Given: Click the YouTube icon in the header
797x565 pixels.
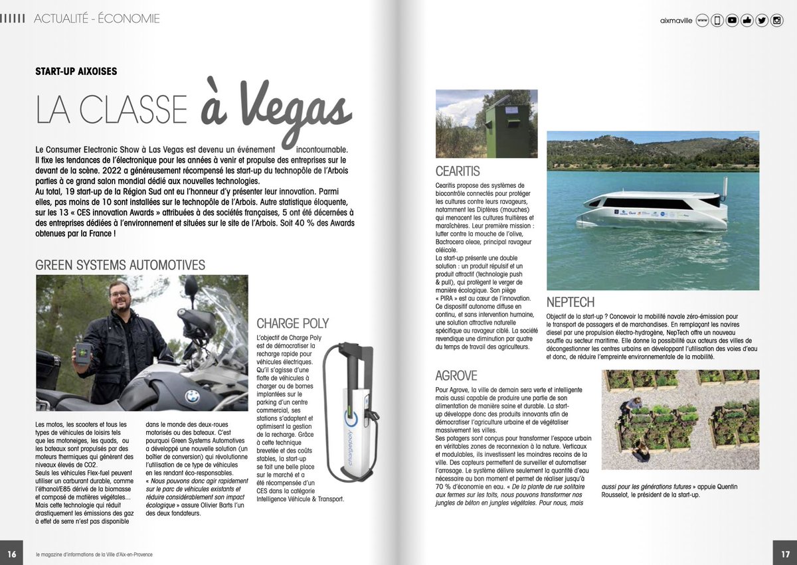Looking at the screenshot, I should click(x=732, y=21).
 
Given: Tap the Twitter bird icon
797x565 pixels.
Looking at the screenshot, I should click(x=762, y=21).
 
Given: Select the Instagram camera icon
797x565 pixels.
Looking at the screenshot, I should click(x=776, y=21).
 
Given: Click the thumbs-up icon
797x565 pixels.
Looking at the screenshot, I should click(x=747, y=21).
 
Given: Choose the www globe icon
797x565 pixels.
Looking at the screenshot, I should click(x=702, y=21).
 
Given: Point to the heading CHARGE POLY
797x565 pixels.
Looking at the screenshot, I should click(x=293, y=323).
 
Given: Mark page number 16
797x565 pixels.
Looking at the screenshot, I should click(x=11, y=554).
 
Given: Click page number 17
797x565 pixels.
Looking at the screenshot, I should click(x=784, y=554).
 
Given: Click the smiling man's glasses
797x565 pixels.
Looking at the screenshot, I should click(x=119, y=293).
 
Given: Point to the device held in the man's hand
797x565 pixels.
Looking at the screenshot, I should click(x=83, y=352).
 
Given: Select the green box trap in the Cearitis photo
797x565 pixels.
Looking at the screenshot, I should click(x=507, y=130).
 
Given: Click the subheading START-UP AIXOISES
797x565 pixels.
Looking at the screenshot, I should click(x=76, y=71).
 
